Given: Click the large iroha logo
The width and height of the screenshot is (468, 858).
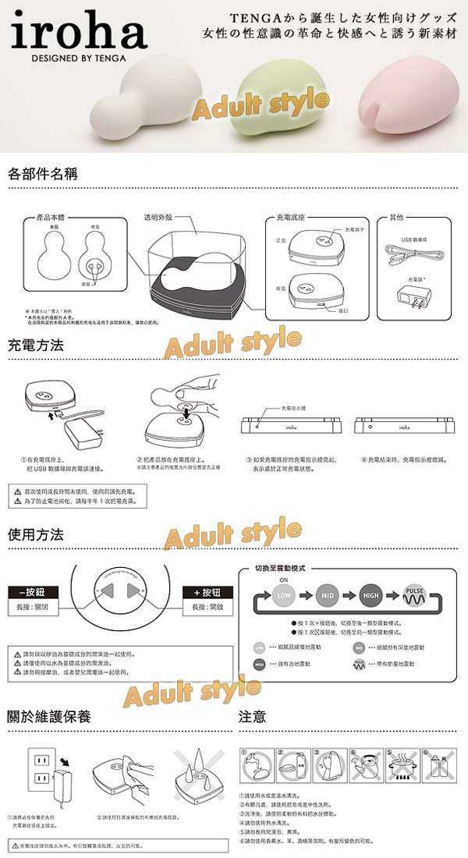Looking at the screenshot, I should click(79, 33).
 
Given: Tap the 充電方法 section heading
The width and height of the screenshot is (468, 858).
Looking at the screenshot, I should click(36, 344).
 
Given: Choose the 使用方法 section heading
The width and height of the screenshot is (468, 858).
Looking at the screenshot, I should click(36, 535).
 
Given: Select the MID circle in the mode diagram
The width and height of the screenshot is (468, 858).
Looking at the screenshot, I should click(328, 597).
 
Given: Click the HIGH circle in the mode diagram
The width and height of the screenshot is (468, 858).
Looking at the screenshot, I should click(371, 597).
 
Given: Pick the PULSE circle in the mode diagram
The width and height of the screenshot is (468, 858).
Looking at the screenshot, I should click(414, 597).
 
